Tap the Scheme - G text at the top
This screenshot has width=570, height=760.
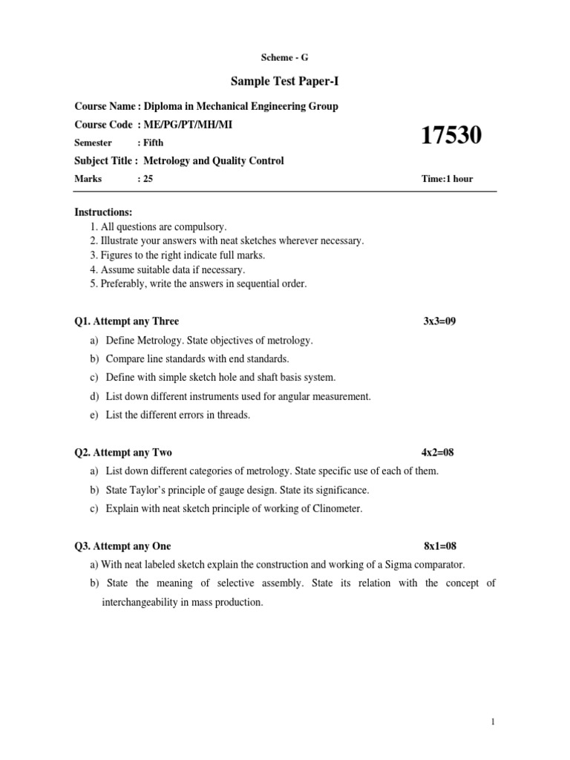click(x=284, y=57)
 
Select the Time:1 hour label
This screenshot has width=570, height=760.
click(x=447, y=179)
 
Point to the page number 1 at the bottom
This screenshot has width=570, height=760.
click(x=493, y=721)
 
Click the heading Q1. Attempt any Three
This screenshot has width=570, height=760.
click(x=126, y=321)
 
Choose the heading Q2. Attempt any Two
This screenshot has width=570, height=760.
click(x=123, y=452)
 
